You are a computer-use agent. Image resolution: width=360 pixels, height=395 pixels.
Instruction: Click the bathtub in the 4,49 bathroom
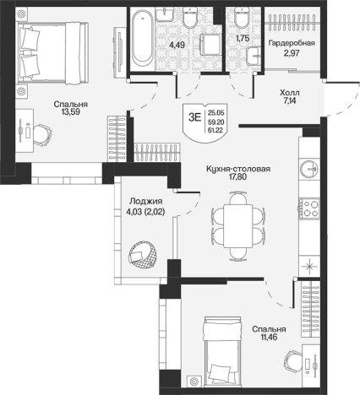143,37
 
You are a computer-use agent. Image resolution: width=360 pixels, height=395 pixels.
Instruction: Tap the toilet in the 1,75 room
243,17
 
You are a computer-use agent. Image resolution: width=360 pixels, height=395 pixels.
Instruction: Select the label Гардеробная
292,43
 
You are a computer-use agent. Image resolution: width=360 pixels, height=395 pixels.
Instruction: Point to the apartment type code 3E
195,117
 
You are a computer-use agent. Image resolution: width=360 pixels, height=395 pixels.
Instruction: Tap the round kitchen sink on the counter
309,169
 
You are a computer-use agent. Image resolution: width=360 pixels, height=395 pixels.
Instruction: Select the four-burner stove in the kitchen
309,208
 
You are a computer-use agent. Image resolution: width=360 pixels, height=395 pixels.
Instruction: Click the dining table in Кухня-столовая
238,226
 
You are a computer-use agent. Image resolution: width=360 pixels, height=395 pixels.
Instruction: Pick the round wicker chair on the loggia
144,255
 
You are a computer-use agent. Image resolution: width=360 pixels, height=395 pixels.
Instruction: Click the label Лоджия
146,201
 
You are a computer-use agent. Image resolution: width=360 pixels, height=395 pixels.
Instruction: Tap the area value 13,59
71,111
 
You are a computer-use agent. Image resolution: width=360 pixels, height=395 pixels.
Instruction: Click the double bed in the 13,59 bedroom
53,53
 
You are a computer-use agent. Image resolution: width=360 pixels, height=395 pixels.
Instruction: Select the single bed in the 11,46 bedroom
223,351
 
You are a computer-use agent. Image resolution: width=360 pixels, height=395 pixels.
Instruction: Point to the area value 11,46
269,337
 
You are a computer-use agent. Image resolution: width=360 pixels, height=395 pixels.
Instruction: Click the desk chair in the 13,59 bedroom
42,135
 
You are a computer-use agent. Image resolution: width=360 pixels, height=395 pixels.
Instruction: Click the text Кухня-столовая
238,169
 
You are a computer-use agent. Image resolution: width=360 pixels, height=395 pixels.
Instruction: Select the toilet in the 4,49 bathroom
189,17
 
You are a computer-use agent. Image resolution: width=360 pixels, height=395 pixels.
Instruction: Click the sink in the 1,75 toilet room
254,56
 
